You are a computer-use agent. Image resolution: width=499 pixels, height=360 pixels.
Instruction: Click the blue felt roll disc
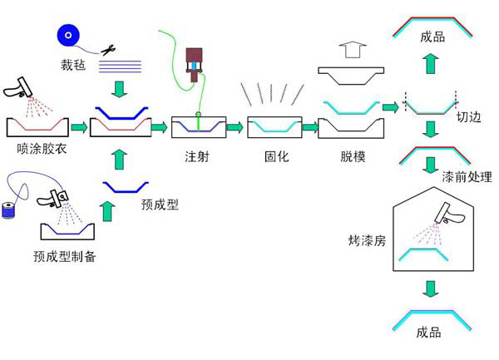[68, 35]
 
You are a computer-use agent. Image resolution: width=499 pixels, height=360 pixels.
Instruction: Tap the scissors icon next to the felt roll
[107, 51]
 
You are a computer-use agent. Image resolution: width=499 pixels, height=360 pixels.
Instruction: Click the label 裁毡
[72, 62]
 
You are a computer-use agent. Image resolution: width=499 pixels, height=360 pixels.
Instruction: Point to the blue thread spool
[9, 209]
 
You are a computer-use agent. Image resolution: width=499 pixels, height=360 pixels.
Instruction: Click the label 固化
[275, 156]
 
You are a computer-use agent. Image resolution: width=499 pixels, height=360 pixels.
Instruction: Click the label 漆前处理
[467, 176]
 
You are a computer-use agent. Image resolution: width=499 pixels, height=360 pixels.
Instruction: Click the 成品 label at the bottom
[428, 332]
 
